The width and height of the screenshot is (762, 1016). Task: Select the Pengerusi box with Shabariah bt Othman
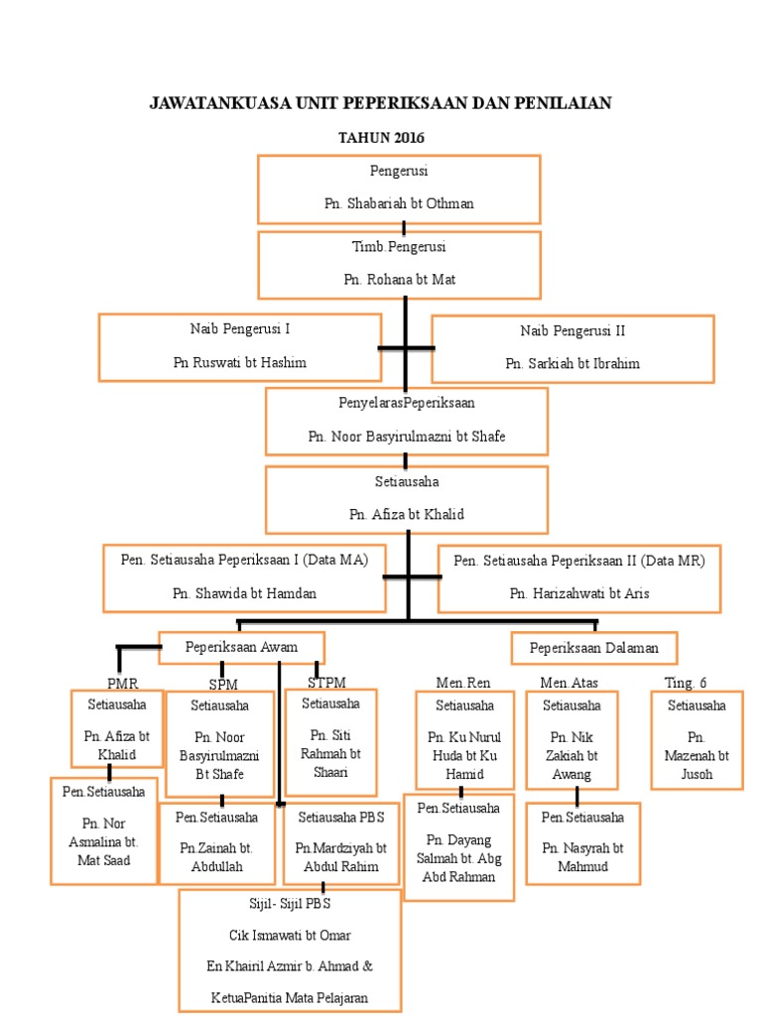(x=399, y=189)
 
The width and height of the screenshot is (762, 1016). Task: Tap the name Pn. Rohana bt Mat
(x=399, y=280)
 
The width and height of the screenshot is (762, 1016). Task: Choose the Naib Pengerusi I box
(x=239, y=346)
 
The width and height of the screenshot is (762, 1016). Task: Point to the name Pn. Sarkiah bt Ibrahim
(x=572, y=363)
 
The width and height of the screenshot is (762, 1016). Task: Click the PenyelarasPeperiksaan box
(x=406, y=420)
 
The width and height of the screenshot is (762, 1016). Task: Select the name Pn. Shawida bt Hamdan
(x=244, y=593)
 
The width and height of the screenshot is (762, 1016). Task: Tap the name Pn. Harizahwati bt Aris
(x=579, y=593)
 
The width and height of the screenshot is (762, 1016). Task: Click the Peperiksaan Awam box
(x=241, y=647)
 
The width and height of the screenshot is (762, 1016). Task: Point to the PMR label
(x=122, y=683)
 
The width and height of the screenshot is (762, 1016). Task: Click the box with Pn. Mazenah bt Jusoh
(x=697, y=740)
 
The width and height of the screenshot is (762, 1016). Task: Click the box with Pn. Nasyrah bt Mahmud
(x=582, y=842)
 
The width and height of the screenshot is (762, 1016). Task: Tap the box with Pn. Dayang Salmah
(x=459, y=846)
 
